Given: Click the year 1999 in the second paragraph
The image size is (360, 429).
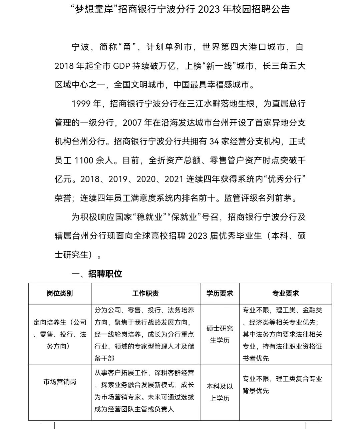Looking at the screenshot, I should coord(81,104).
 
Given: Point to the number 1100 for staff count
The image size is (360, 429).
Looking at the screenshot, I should coord(84,160).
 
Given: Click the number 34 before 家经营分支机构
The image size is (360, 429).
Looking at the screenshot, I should coord(214,141).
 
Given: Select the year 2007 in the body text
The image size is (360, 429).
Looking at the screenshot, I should coord(133,122).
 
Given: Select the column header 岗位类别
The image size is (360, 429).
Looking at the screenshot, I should coord(60,294).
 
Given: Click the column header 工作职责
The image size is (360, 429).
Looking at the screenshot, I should coord(145,294).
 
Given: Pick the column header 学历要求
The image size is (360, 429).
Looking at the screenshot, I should coord(220,294).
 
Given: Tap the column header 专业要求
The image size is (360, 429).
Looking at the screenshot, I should coord(285,294).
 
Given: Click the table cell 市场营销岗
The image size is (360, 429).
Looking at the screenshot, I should coord(60,382).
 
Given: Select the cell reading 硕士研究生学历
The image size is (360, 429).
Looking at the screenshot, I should coord(220,334).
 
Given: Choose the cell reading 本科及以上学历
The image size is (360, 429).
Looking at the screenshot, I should coord(220,392).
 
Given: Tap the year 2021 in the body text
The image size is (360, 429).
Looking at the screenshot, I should coord(174,179).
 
